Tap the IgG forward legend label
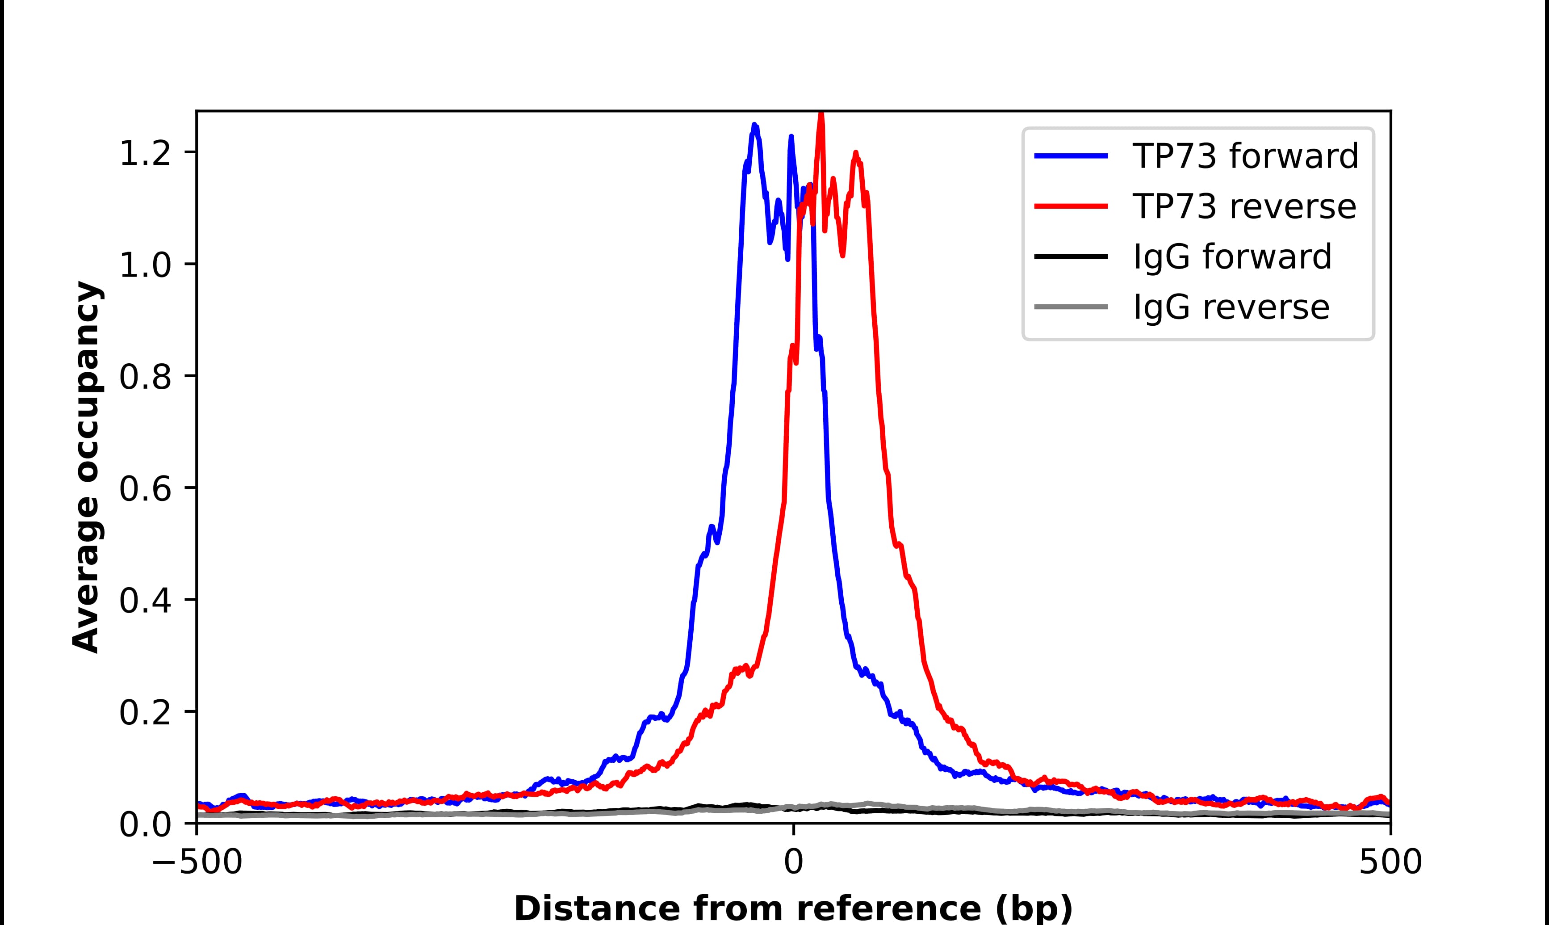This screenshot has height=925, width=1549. [1232, 257]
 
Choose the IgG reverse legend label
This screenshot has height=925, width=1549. [1231, 307]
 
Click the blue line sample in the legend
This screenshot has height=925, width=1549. [1071, 156]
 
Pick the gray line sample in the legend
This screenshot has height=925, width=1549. [1071, 307]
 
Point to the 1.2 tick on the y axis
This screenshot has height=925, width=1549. [145, 153]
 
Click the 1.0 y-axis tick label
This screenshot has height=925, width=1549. [145, 265]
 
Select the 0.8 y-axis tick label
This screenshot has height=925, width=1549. [145, 377]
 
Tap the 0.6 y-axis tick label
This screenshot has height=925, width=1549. [145, 489]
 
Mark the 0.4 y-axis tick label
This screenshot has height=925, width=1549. [145, 601]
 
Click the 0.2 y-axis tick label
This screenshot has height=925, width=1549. [145, 712]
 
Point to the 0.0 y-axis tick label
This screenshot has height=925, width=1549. [145, 824]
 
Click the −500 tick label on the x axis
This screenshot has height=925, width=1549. [197, 863]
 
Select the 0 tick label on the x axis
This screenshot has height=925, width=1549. [793, 863]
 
